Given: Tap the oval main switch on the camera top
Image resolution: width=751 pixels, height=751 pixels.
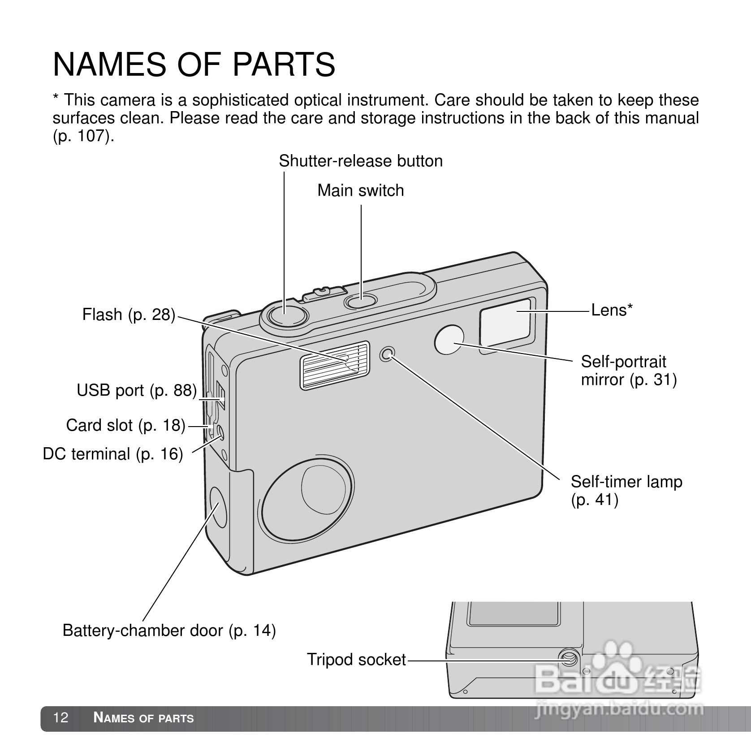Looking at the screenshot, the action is point(361,301).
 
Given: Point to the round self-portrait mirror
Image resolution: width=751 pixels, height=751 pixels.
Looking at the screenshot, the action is point(449,340).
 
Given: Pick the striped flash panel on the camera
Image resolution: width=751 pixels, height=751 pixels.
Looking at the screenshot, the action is point(335,365).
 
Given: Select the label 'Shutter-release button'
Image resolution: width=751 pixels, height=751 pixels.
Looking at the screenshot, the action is point(361,161).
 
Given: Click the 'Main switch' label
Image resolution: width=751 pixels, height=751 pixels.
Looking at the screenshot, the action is point(361,190).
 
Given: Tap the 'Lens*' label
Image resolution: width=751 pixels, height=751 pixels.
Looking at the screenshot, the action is point(612,310).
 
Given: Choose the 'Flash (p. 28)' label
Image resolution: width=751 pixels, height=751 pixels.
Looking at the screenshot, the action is point(129,315).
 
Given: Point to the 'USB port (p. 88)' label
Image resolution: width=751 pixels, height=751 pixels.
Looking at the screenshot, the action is point(137,390).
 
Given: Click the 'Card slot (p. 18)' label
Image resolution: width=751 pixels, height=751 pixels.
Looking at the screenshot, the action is point(125,425).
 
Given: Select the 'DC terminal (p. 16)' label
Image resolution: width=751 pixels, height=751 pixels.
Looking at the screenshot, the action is point(113,454).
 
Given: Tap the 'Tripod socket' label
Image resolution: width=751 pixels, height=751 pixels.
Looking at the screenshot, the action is point(356,660).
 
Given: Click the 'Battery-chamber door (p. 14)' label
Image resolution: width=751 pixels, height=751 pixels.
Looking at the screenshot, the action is point(169,630).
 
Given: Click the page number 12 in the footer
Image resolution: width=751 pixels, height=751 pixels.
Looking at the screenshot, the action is point(60,717).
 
